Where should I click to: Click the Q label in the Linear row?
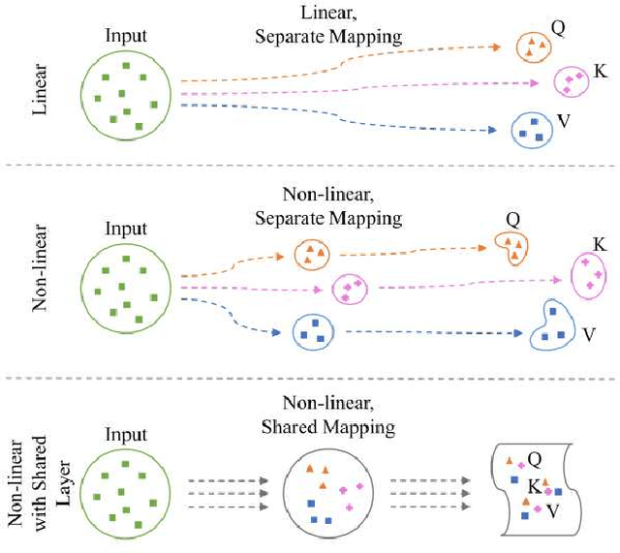click(558, 28)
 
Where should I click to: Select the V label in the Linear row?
click(564, 122)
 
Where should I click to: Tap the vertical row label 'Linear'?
click(41, 91)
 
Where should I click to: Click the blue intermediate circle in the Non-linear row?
click(313, 332)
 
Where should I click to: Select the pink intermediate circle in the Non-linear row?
click(350, 288)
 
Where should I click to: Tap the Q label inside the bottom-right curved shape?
click(535, 457)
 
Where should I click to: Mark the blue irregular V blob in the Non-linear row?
click(552, 325)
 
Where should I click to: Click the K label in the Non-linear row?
click(600, 245)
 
